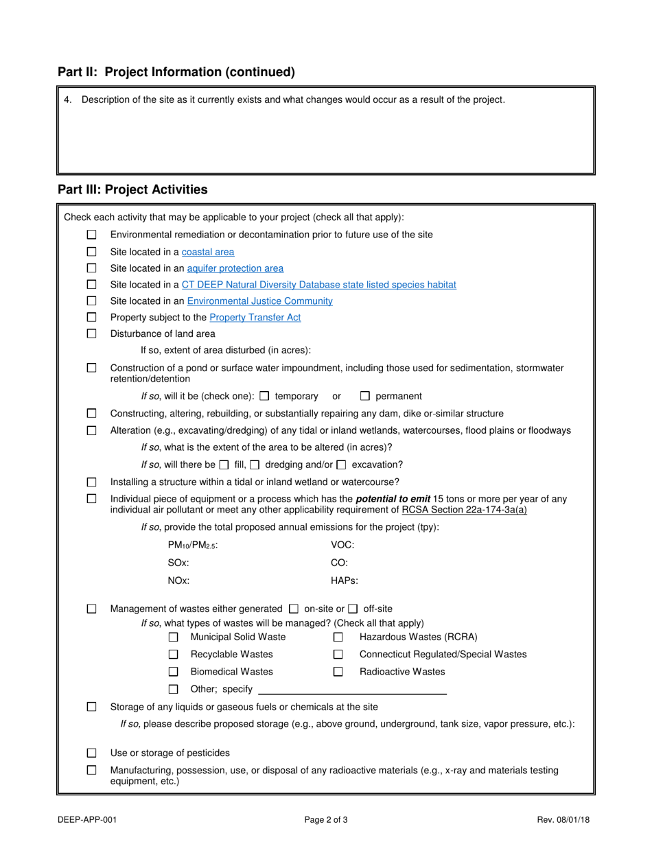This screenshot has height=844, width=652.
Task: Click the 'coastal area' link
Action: tap(207, 252)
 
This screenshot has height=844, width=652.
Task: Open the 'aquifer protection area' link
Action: tap(235, 268)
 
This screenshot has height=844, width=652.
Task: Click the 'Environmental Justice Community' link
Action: tap(259, 301)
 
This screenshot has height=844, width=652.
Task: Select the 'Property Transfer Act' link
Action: tap(255, 318)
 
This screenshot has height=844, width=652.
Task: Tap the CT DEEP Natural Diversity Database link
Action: tap(318, 285)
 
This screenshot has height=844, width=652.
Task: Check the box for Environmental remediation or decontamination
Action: tap(92, 235)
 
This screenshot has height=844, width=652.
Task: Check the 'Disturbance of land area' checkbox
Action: tap(92, 334)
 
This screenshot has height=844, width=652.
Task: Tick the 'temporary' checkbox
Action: tap(265, 396)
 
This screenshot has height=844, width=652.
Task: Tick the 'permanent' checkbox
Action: tap(365, 396)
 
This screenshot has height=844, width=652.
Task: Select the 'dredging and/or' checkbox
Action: tap(255, 465)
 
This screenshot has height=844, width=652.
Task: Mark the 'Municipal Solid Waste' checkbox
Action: tap(174, 637)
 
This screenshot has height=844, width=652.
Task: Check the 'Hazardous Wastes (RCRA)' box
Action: tap(338, 637)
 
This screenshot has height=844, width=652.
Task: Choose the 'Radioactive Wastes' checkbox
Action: tap(338, 672)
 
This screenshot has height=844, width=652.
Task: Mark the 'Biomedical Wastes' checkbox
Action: tap(174, 672)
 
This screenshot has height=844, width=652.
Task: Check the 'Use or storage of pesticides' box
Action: tap(92, 753)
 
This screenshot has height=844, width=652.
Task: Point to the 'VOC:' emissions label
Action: tap(342, 545)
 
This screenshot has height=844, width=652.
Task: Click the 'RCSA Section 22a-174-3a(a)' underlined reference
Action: tap(464, 510)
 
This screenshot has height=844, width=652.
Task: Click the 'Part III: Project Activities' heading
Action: tap(132, 189)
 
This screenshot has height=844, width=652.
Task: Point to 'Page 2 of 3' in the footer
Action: tap(326, 819)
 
